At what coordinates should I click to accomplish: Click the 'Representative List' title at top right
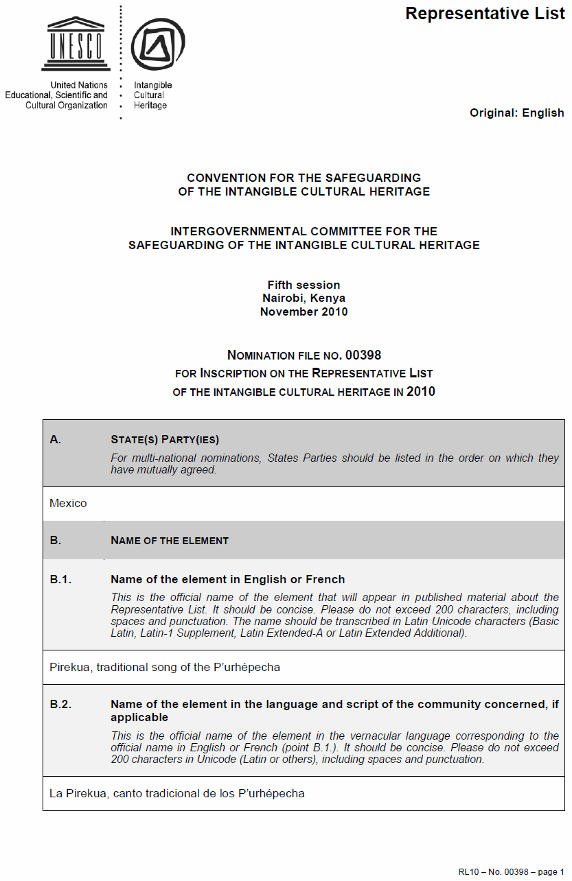[485, 14]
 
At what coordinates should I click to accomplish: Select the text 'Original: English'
[516, 113]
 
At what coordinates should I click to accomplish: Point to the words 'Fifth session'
[304, 285]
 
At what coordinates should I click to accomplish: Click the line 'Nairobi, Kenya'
[304, 298]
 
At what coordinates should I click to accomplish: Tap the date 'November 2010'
[304, 312]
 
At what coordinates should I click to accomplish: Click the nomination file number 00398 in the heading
[363, 355]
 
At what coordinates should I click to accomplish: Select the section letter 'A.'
[56, 439]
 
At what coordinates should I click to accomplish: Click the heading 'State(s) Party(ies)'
[165, 439]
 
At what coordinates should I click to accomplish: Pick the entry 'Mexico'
[68, 503]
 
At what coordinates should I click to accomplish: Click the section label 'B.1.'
[60, 579]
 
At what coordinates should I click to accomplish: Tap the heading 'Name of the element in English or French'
[227, 579]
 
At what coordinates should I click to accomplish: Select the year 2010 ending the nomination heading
[420, 392]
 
